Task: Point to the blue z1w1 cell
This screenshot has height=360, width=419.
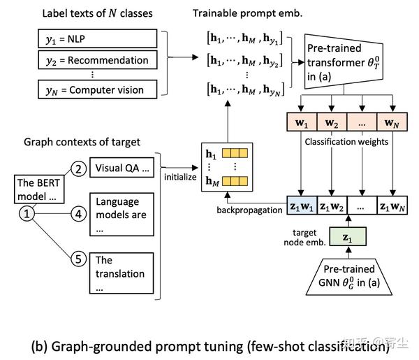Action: click(301, 208)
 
